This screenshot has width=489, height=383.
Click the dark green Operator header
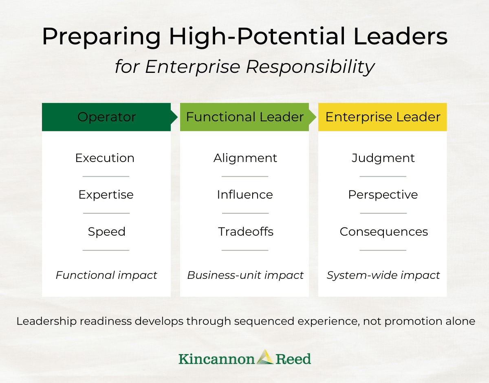pyautogui.click(x=106, y=117)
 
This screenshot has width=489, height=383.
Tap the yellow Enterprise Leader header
pyautogui.click(x=382, y=117)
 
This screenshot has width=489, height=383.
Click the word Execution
pyautogui.click(x=105, y=158)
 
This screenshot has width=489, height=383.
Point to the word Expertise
pyautogui.click(x=106, y=195)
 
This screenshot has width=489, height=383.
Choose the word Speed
pyautogui.click(x=107, y=232)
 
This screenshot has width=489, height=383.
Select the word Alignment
pyautogui.click(x=245, y=158)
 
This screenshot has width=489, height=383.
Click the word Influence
pyautogui.click(x=245, y=195)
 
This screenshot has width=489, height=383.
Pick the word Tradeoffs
pyautogui.click(x=246, y=232)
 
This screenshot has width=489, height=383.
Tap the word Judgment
pyautogui.click(x=383, y=158)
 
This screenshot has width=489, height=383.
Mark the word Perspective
pyautogui.click(x=383, y=195)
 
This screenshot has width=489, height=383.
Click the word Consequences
pyautogui.click(x=384, y=232)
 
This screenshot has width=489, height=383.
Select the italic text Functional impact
pyautogui.click(x=106, y=275)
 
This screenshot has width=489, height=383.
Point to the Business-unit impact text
pyautogui.click(x=245, y=275)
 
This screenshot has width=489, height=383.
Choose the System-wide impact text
pyautogui.click(x=383, y=275)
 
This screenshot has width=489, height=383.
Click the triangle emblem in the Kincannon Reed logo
pyautogui.click(x=265, y=357)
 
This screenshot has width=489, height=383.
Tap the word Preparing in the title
pyautogui.click(x=101, y=37)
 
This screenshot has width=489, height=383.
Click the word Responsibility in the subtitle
pyautogui.click(x=310, y=67)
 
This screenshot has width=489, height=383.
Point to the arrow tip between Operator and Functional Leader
pyautogui.click(x=178, y=117)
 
